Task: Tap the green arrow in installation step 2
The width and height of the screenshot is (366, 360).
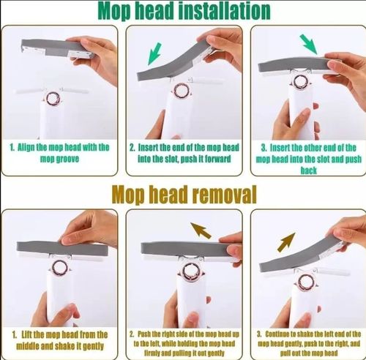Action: [x=154, y=53]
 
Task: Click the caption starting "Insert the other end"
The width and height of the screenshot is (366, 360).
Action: [x=307, y=157]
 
